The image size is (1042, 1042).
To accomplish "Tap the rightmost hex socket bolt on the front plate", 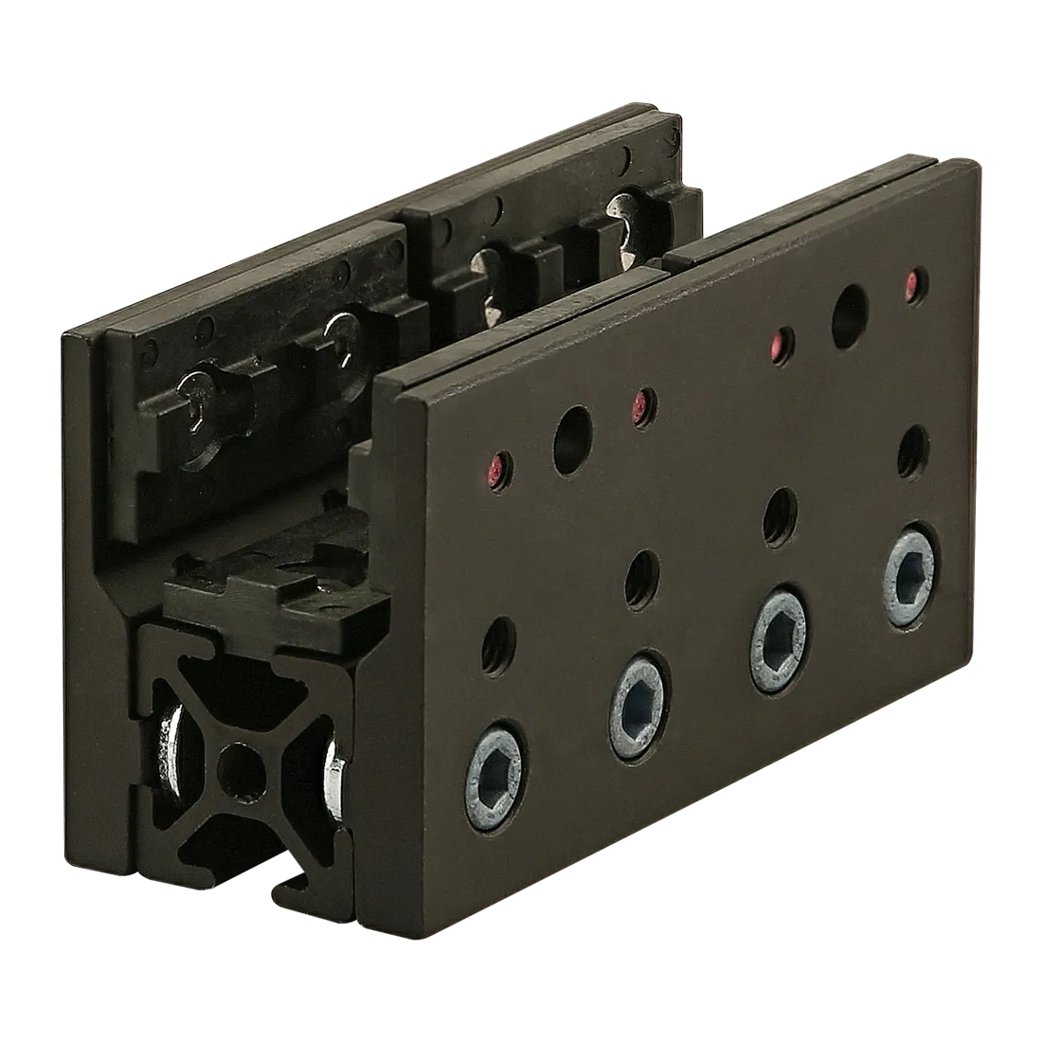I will point(911,569).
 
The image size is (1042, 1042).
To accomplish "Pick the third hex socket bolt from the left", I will point(778,632).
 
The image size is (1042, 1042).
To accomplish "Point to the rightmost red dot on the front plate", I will point(912,280).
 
